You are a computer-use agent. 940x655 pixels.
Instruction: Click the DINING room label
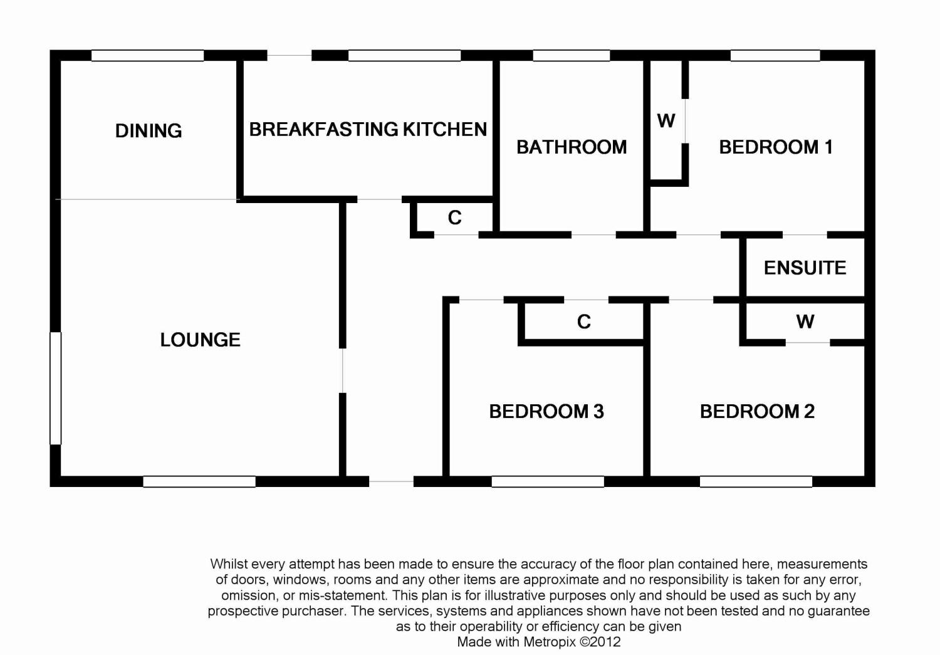(x=149, y=131)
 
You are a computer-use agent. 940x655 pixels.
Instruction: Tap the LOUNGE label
(x=200, y=340)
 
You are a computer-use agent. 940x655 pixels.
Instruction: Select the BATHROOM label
(x=572, y=147)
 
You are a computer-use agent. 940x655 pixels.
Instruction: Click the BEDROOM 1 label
(x=776, y=147)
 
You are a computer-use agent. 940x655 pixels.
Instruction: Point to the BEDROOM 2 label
(x=758, y=411)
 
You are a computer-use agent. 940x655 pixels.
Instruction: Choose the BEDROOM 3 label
(x=546, y=411)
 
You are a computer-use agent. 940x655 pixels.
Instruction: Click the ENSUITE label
(x=805, y=268)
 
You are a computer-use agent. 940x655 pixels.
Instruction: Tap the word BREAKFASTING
(x=323, y=129)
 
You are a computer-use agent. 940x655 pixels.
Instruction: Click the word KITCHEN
(x=445, y=129)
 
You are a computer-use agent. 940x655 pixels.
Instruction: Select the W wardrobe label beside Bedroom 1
(x=666, y=121)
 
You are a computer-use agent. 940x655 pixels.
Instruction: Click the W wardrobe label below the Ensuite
(x=805, y=322)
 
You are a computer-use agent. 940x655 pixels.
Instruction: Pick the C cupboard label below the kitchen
(x=455, y=217)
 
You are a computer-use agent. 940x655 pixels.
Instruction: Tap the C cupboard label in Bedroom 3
(x=584, y=322)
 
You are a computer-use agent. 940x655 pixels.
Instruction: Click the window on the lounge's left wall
(x=56, y=388)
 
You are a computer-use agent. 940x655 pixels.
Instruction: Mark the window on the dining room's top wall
(x=148, y=56)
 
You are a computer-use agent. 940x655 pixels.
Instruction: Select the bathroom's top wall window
(x=571, y=56)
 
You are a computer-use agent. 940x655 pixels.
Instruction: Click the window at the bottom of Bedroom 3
(x=548, y=481)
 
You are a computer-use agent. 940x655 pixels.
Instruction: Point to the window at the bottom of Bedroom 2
(x=756, y=481)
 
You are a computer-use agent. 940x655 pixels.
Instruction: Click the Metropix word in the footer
(x=550, y=642)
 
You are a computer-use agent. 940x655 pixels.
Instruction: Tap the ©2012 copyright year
(x=600, y=642)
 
